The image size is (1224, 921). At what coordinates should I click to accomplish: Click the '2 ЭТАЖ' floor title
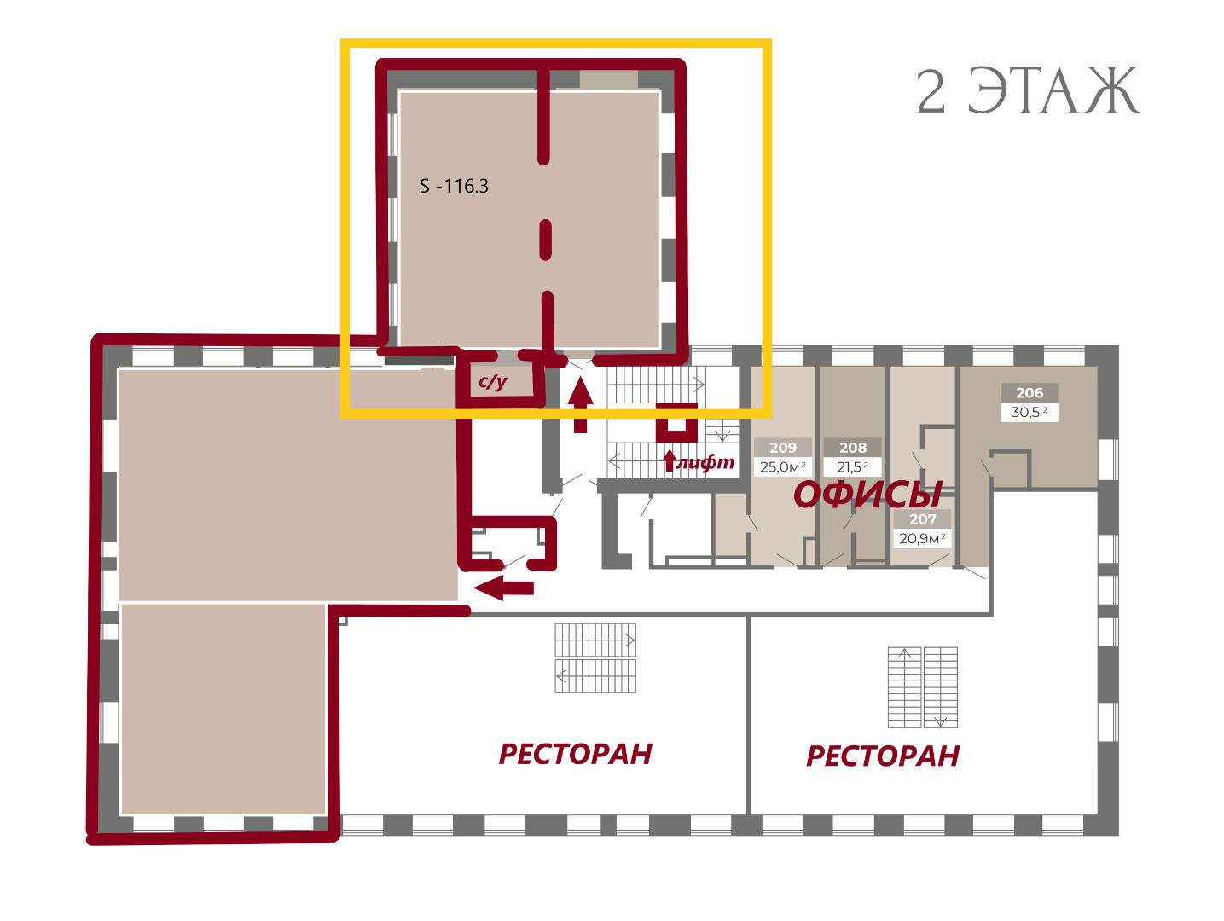point(1027,91)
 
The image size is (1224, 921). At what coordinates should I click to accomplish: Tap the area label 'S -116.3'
point(454,186)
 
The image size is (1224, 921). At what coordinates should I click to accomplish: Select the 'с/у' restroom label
point(493,382)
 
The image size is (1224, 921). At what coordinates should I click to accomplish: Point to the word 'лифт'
point(705,462)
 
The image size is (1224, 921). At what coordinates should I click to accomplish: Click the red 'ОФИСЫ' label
point(867,495)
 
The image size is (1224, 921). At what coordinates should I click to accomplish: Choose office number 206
point(1029,392)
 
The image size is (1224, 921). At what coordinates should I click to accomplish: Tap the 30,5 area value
point(1029,412)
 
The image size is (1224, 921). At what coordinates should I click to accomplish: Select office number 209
point(783,447)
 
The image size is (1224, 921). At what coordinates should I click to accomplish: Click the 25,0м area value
point(782,466)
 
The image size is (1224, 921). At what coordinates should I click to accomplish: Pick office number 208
point(853,447)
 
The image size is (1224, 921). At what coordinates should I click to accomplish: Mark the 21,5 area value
point(852,466)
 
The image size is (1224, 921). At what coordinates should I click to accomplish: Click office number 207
point(922,519)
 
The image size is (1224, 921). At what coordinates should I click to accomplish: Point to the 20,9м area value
point(922,539)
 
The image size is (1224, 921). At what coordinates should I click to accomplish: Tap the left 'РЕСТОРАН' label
point(575,754)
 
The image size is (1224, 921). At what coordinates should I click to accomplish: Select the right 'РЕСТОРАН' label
point(883,756)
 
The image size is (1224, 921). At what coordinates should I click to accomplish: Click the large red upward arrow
point(581,405)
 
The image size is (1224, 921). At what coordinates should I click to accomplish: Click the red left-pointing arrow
point(504,588)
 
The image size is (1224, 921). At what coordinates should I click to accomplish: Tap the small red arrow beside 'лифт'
point(670,460)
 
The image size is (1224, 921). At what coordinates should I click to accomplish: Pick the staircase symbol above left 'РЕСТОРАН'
point(595,657)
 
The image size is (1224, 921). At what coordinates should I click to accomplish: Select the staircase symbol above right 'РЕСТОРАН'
point(922,687)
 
